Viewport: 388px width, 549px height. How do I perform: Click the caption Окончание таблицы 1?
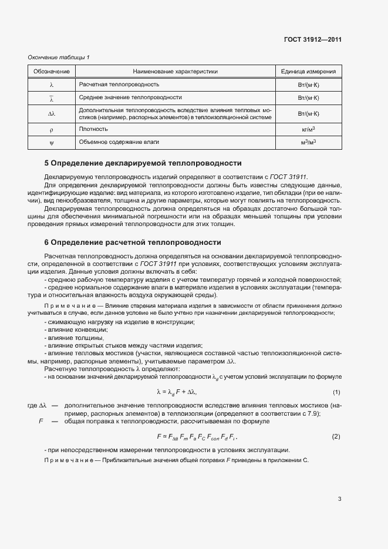click(59, 57)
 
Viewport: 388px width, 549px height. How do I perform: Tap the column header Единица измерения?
click(308, 72)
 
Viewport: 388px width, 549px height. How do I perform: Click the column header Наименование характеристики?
click(175, 72)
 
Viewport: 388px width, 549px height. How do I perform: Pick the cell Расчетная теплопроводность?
click(111, 85)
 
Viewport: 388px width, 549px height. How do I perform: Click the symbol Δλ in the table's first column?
click(51, 113)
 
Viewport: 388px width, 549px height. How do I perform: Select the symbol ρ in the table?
click(51, 129)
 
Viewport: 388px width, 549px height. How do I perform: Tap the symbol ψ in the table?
click(51, 142)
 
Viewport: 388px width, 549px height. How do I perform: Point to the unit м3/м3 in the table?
click(309, 142)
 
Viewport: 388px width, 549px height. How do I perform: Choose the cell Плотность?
click(93, 129)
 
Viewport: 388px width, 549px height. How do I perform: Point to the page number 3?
click(339, 499)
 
